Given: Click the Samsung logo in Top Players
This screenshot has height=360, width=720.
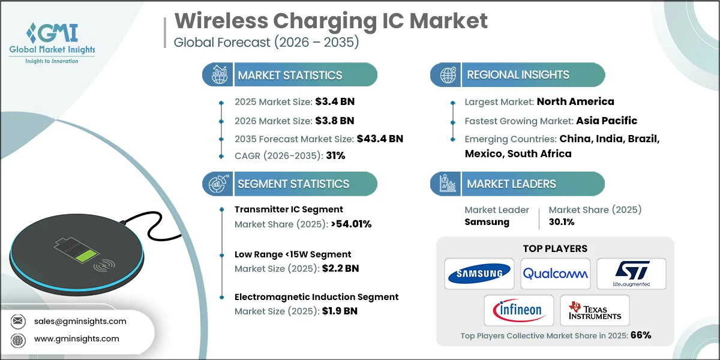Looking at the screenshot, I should coord(479,274).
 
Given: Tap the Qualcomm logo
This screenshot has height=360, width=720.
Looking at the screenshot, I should coord(555,274).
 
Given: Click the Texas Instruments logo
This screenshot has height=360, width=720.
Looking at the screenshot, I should coord(594,310).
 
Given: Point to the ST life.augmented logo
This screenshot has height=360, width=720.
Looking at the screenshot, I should coord(631,274).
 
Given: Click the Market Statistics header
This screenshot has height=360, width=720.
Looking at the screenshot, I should coord(290,75).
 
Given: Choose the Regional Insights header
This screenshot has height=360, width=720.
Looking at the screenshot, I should coord(518,75).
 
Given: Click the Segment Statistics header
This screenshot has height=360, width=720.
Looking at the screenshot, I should coord(293,184).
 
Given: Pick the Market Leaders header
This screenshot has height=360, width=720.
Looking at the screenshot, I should coord(511,184).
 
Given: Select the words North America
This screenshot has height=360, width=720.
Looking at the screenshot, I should coord(575,101).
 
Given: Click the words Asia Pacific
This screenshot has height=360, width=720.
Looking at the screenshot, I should coord(607,121).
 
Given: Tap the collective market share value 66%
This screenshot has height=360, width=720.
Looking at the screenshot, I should coord(640,335).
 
